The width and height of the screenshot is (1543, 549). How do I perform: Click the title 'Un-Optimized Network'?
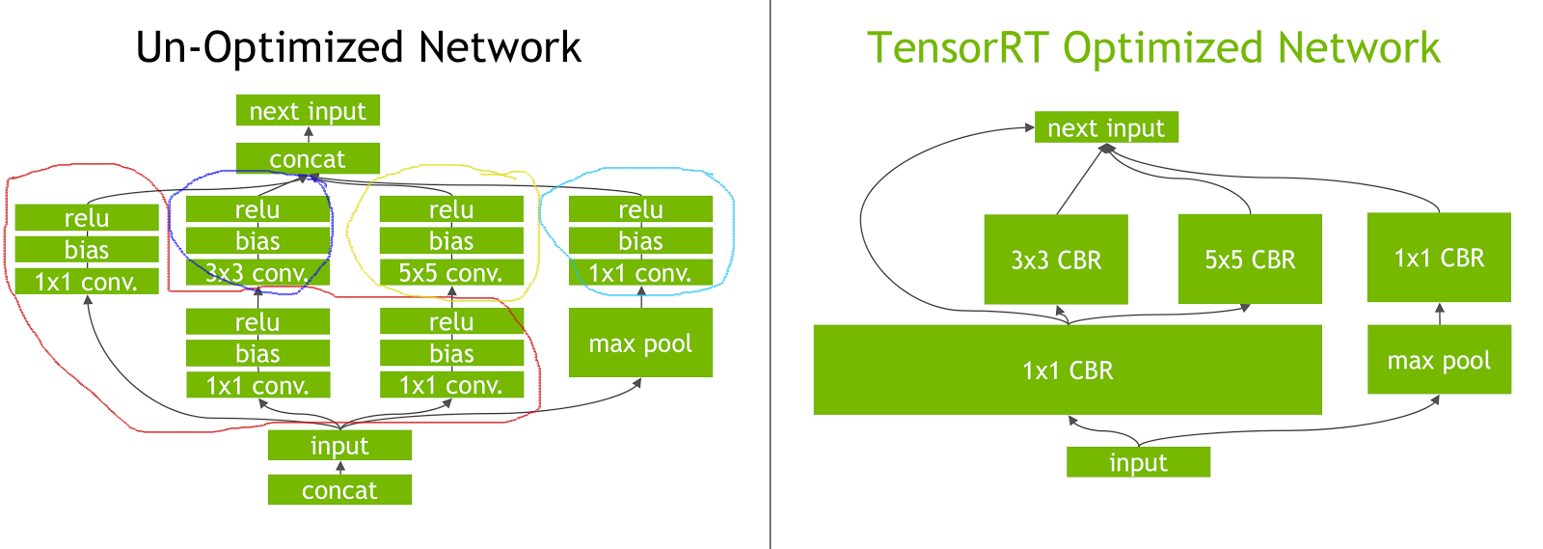point(358,47)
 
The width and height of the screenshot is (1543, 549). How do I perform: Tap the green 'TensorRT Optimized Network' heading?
point(1153,47)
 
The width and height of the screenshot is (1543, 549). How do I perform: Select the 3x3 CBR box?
point(1056,259)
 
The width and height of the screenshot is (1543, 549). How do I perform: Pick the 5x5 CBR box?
point(1250,259)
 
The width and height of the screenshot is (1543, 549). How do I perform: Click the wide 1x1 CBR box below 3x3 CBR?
point(1068,370)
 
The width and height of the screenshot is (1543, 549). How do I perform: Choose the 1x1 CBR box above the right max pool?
point(1439,257)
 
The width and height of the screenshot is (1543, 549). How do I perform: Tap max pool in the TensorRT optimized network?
point(1439,360)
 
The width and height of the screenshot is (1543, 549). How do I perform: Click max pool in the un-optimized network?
point(640,343)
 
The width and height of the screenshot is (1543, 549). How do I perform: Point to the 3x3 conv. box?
point(257,273)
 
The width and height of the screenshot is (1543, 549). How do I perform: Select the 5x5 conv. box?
point(451,273)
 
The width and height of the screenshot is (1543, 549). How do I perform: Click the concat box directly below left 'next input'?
point(308,158)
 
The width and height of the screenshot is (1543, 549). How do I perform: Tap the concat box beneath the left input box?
point(339,489)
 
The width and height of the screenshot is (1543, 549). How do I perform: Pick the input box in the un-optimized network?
point(339,445)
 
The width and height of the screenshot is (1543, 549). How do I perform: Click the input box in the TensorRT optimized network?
point(1138,462)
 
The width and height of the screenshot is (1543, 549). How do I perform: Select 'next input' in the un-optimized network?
point(308,110)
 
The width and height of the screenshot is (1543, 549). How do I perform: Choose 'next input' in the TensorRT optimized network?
point(1106,127)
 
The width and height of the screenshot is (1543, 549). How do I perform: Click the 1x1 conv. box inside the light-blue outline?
point(640,273)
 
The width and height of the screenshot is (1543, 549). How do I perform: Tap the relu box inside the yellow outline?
point(451,209)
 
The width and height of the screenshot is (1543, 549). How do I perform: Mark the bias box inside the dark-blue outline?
point(257,240)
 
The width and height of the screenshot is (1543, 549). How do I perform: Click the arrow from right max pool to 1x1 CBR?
point(1439,314)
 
